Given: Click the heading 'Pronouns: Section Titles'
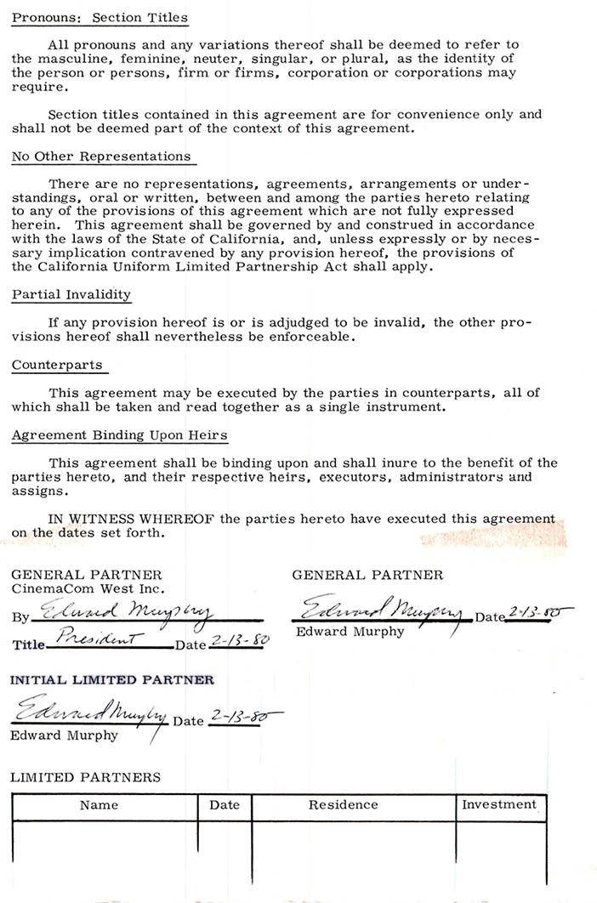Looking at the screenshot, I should (x=99, y=18).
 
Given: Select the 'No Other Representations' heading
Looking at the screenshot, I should (x=101, y=156).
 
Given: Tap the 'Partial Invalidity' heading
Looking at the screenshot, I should (x=71, y=295).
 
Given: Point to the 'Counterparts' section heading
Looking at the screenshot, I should (x=57, y=365).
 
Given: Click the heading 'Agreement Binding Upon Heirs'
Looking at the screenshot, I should (x=120, y=435).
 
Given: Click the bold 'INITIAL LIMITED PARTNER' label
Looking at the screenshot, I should (x=112, y=680).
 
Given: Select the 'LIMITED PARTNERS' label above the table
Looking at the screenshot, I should (x=85, y=777).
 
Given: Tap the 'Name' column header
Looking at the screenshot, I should (x=99, y=805).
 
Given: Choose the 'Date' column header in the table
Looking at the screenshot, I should (x=225, y=805).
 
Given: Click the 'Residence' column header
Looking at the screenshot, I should (x=343, y=804).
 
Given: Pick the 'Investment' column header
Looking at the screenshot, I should (x=499, y=804).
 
